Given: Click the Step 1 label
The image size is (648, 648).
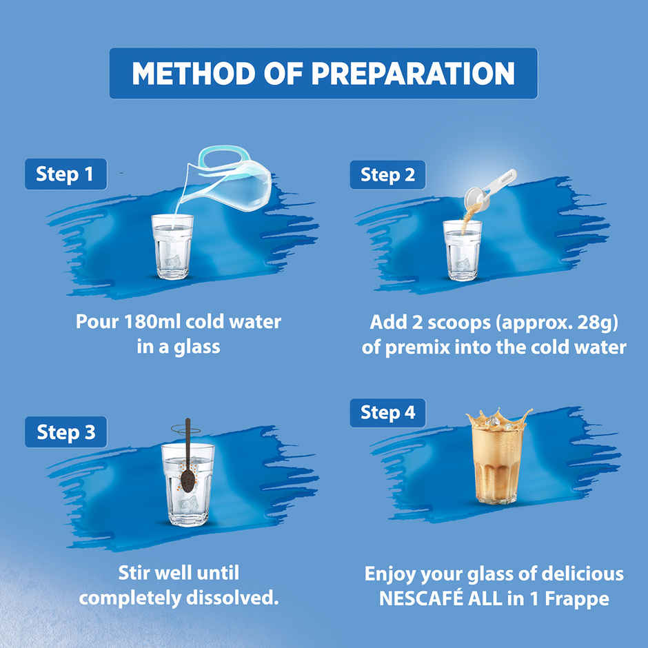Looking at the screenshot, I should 65,174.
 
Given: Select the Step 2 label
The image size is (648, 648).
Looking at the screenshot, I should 388,175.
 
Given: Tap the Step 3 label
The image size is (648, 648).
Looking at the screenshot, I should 65,432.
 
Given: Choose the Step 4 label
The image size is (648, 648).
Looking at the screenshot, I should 388,413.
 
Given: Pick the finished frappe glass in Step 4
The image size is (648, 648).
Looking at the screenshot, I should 496,462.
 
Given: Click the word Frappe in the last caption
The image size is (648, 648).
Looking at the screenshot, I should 578,598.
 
